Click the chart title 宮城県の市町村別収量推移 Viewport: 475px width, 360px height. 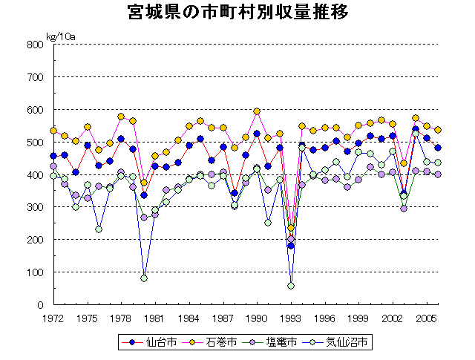point(237,13)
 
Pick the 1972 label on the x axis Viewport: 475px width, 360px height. point(53,318)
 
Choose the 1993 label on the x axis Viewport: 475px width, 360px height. point(291,318)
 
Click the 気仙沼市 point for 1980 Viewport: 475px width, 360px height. point(144,278)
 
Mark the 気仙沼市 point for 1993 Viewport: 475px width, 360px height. point(291,286)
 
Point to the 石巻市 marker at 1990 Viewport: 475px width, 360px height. point(257,111)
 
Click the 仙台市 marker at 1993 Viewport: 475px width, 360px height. point(291,246)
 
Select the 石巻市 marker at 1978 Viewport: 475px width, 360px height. point(121,117)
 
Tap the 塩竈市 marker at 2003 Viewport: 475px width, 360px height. point(404,209)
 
